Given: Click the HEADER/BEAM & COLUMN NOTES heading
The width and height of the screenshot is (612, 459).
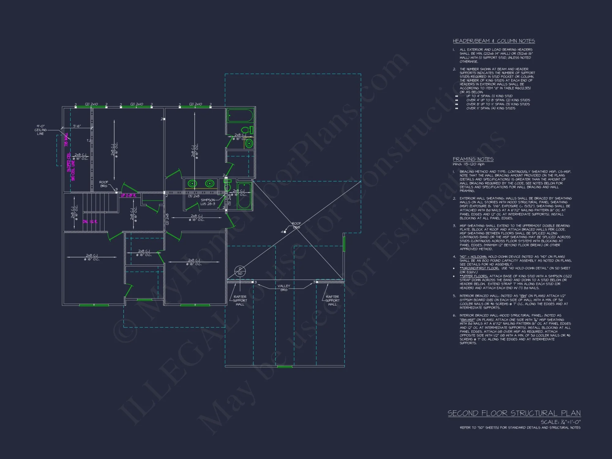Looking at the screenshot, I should pyautogui.click(x=494, y=41).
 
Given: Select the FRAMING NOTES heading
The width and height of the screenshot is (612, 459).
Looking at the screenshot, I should pyautogui.click(x=473, y=159).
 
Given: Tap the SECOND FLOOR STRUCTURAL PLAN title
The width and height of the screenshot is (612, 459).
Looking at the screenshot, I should pyautogui.click(x=514, y=413).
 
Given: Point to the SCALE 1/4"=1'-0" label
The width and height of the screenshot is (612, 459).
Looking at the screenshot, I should pyautogui.click(x=560, y=422).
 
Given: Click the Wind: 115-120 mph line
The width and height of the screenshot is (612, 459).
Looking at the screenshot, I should pyautogui.click(x=468, y=164).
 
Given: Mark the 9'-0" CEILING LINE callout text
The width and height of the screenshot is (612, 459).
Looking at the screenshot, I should pyautogui.click(x=40, y=130).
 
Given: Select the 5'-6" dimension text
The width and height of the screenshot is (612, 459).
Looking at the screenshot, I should pyautogui.click(x=77, y=126).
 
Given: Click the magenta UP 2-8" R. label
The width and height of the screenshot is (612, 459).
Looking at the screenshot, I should pyautogui.click(x=128, y=196).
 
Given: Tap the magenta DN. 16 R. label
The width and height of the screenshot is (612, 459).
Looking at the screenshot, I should pyautogui.click(x=90, y=222).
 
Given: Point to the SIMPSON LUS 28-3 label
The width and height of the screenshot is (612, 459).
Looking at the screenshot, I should pyautogui.click(x=208, y=202).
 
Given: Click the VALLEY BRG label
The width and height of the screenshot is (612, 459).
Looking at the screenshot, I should pyautogui.click(x=284, y=288).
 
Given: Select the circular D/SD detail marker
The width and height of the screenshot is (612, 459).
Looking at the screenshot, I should pyautogui.click(x=240, y=271).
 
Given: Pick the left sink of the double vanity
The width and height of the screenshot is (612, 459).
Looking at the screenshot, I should pyautogui.click(x=192, y=184).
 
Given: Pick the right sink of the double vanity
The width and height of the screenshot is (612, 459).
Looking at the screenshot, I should pyautogui.click(x=209, y=184).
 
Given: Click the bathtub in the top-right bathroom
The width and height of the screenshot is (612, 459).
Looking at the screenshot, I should pyautogui.click(x=240, y=116).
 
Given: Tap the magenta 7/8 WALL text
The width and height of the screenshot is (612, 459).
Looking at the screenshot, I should pyautogui.click(x=66, y=140).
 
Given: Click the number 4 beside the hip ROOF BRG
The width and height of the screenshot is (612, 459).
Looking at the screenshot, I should pyautogui.click(x=282, y=232).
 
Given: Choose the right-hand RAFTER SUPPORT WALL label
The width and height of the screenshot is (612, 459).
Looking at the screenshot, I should pyautogui.click(x=332, y=300).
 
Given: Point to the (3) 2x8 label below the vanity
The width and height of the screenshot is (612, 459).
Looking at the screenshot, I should pyautogui.click(x=194, y=196).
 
